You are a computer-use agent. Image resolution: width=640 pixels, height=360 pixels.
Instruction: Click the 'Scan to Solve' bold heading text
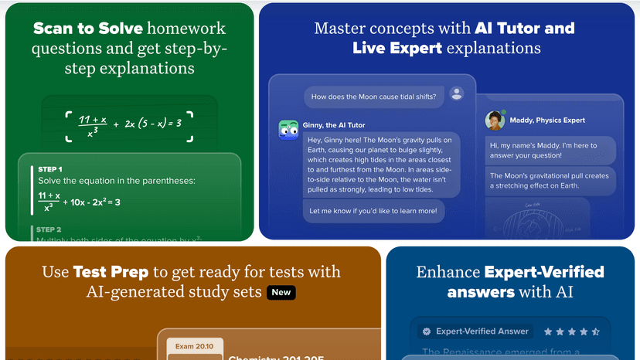(x=87, y=29)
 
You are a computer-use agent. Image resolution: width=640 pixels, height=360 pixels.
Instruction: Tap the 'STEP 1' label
(x=50, y=168)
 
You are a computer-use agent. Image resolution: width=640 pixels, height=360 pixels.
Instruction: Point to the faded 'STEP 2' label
(x=49, y=229)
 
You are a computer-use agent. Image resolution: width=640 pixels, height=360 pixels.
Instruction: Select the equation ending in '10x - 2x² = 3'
(x=79, y=202)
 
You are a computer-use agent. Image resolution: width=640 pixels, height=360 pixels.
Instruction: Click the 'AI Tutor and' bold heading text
(x=524, y=29)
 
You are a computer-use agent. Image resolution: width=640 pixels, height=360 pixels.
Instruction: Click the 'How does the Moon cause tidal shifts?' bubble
(x=373, y=97)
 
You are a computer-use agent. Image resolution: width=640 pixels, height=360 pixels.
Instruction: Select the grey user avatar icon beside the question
(x=457, y=93)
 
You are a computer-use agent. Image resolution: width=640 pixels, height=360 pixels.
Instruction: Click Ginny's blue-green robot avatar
(x=288, y=130)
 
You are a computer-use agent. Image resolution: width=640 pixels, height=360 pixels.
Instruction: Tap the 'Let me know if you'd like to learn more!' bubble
(x=373, y=211)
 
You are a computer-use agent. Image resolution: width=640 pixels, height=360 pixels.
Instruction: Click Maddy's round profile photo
(x=494, y=121)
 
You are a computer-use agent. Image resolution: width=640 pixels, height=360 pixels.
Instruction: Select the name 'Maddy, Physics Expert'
(x=547, y=120)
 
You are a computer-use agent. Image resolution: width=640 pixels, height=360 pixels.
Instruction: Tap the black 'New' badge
(x=281, y=293)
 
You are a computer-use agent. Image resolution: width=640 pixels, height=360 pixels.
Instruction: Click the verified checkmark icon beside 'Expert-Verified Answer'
(x=424, y=331)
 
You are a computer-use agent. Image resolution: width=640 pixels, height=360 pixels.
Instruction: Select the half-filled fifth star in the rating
(x=595, y=331)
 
